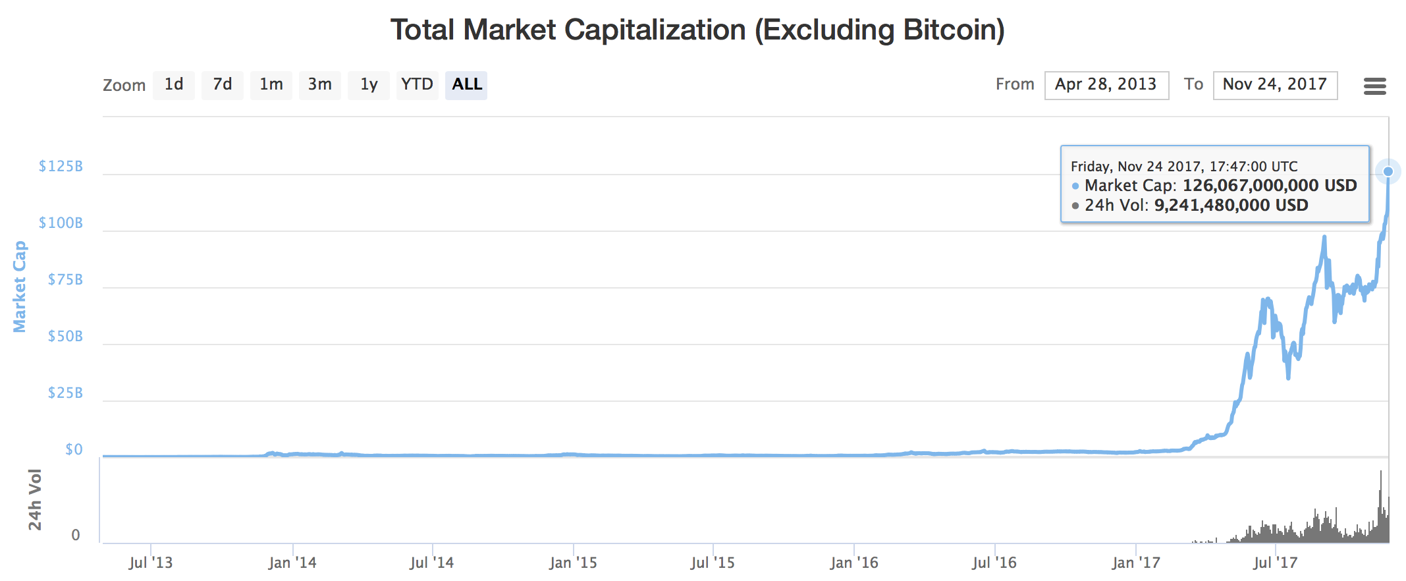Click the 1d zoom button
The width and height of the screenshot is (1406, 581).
click(174, 85)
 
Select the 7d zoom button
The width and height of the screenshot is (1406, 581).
click(223, 85)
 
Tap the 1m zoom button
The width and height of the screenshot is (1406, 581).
click(271, 85)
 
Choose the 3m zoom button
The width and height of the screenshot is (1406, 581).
click(320, 85)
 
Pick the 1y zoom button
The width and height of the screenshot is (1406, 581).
click(369, 85)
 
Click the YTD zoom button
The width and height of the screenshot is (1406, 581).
click(418, 85)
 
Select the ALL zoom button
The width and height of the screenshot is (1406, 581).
click(466, 85)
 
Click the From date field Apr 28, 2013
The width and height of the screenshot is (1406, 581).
click(1106, 85)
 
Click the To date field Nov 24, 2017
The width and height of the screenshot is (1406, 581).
click(1275, 85)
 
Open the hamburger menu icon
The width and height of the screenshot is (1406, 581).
click(1375, 86)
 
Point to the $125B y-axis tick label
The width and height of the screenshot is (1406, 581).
click(61, 166)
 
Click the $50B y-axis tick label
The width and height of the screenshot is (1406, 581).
click(65, 336)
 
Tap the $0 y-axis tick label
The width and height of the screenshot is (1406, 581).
click(74, 449)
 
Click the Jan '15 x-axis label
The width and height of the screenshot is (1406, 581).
click(573, 563)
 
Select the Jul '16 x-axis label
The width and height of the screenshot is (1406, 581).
click(994, 563)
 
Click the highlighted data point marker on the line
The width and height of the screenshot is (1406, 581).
click(1388, 171)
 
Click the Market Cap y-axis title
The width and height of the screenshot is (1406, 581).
click(20, 287)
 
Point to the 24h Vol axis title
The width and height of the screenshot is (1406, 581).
click(34, 499)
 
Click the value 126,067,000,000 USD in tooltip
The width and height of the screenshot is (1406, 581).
click(1270, 186)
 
